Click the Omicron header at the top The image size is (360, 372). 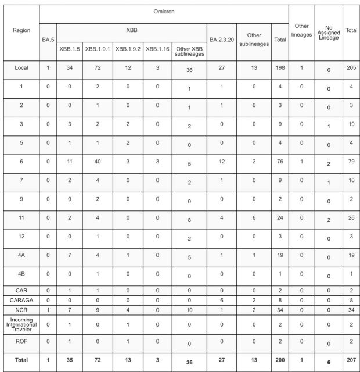(164, 12)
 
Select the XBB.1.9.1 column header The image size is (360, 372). (98, 49)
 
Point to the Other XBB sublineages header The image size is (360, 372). (189, 51)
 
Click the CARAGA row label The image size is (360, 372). (21, 299)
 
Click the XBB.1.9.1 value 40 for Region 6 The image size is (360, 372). (98, 162)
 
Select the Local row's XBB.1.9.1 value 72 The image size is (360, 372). (98, 68)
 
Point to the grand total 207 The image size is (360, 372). (351, 361)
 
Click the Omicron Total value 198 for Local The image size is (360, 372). (280, 68)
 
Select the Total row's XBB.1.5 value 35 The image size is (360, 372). (69, 361)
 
